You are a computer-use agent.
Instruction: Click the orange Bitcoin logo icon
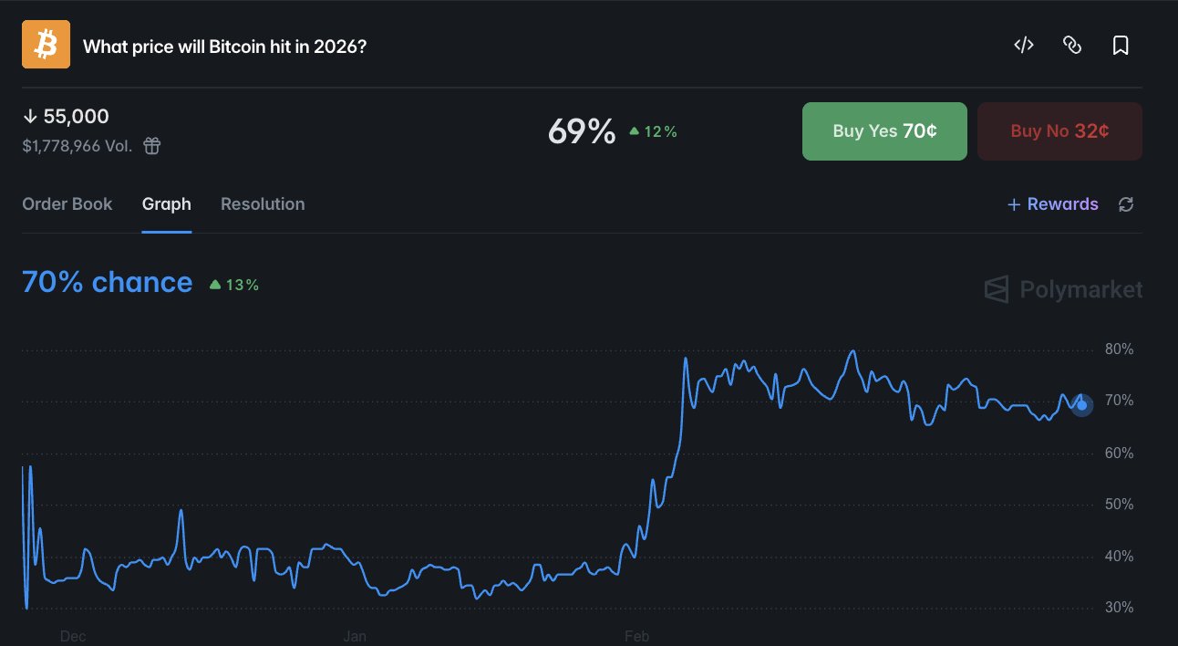tap(46, 45)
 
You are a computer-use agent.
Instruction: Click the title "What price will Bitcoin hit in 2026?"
tap(224, 46)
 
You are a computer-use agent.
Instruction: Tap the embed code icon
tap(1024, 46)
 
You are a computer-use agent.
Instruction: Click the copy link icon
tap(1072, 46)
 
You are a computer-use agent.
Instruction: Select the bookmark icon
tap(1121, 46)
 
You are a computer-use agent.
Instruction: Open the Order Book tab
tap(67, 204)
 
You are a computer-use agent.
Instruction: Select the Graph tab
tap(166, 204)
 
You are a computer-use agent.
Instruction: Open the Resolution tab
tap(263, 204)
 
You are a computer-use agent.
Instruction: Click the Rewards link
tap(1053, 204)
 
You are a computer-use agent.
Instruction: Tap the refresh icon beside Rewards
tap(1126, 204)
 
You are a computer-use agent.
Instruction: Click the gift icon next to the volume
tap(152, 146)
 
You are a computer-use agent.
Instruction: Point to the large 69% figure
tap(582, 132)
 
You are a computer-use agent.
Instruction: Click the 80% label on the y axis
tap(1119, 349)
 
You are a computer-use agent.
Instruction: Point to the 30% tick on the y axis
tap(1119, 608)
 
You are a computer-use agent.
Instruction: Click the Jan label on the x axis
tap(355, 636)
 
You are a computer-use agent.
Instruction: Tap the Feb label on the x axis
tap(636, 636)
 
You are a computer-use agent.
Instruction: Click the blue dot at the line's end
tap(1082, 405)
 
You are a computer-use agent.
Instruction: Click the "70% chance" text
tap(107, 283)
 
